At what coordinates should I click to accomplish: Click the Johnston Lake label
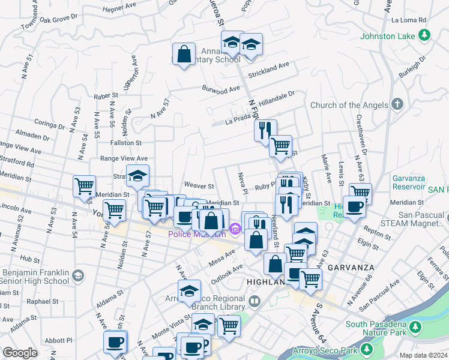[x=387, y=36]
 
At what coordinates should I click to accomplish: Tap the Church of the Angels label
[x=349, y=106]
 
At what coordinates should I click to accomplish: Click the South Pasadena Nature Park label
[x=376, y=328]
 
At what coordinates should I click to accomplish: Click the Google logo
[x=20, y=353]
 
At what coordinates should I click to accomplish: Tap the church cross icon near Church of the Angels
[x=396, y=104]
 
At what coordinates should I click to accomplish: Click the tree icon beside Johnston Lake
[x=424, y=35]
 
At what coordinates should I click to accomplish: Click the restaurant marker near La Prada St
[x=265, y=130]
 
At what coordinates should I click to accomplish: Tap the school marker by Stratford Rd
[x=138, y=176]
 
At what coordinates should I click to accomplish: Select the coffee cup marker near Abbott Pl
[x=115, y=343]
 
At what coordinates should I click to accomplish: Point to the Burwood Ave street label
[x=220, y=91]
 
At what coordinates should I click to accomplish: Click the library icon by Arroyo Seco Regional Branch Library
[x=255, y=301]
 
